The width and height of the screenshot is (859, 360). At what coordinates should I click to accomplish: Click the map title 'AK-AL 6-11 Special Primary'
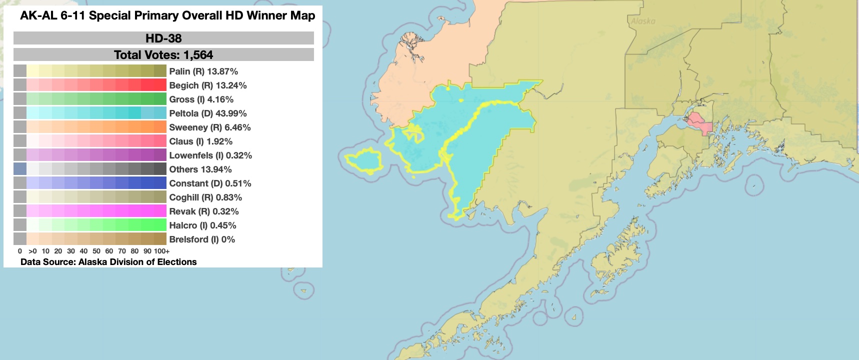pos(167,15)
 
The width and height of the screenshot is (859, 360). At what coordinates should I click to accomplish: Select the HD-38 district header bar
pos(163,38)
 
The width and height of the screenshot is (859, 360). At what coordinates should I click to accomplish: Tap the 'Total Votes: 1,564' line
pos(163,54)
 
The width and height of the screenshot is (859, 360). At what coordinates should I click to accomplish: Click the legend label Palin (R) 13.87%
pos(203,71)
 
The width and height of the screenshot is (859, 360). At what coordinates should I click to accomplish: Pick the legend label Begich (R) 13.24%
pos(208,85)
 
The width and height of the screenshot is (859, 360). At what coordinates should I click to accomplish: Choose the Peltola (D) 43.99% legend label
pos(208,113)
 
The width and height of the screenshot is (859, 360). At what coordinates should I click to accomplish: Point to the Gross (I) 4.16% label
pos(201,99)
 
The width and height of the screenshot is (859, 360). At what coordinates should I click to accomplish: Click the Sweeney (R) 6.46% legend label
pos(210,127)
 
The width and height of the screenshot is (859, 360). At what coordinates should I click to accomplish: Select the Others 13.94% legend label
pos(200,169)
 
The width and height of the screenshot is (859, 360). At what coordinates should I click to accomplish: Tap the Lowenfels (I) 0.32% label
pos(210,155)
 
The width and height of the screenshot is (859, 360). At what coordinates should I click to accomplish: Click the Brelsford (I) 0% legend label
pos(202,239)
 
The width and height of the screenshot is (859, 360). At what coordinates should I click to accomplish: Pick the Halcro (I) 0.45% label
pos(202,225)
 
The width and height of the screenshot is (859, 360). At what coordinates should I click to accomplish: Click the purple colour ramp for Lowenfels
pos(96,155)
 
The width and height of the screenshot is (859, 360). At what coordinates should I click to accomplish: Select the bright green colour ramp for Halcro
pos(96,225)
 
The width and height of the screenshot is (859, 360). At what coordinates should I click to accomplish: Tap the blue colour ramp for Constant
pos(96,183)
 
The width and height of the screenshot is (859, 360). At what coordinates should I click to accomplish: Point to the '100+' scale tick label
pos(161,251)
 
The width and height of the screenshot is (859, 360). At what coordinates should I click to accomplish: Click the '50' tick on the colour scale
pos(96,251)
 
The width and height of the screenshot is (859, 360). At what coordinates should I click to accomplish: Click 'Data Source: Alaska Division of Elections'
pos(108,262)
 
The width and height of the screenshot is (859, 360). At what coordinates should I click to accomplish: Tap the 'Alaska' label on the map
pos(642,21)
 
